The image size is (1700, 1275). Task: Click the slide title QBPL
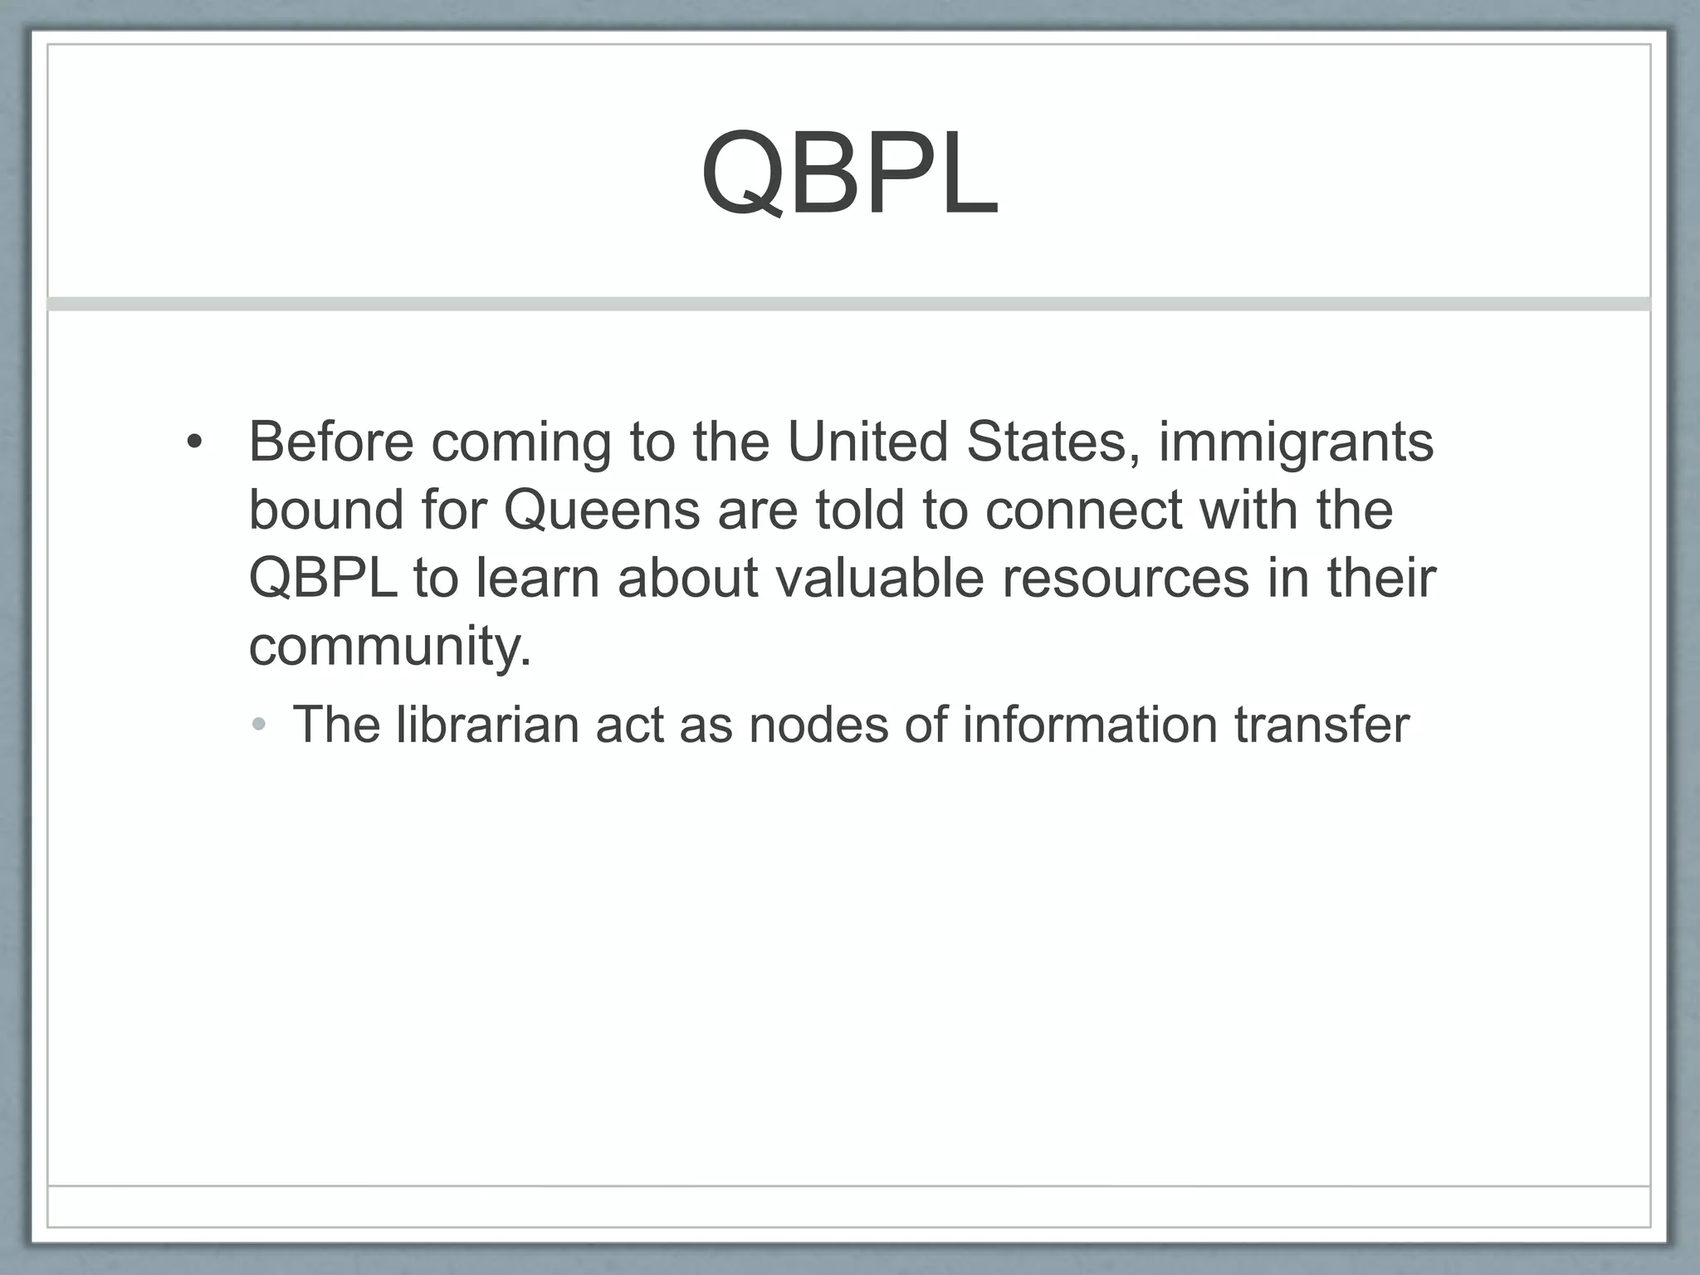(849, 174)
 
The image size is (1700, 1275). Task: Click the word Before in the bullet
(330, 442)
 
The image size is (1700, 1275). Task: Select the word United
(867, 442)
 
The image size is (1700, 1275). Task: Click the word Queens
(602, 510)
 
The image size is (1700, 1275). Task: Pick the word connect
(1083, 510)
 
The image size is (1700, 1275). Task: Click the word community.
(389, 647)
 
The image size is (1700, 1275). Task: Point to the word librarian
(486, 725)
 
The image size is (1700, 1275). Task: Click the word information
(1089, 725)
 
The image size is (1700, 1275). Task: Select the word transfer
(1321, 725)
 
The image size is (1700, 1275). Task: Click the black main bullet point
(193, 442)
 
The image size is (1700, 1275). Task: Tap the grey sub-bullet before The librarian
(259, 725)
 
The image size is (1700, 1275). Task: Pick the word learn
(537, 579)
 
